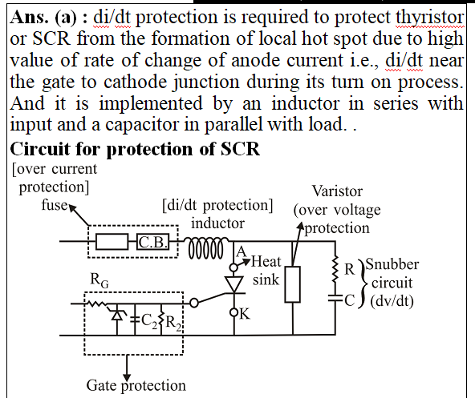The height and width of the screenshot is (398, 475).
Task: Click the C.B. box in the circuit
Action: pyautogui.click(x=152, y=242)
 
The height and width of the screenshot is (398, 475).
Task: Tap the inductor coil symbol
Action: pyautogui.click(x=206, y=247)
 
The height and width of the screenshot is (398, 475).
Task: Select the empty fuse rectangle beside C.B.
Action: pyautogui.click(x=112, y=242)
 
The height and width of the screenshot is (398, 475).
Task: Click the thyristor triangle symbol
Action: pyautogui.click(x=233, y=284)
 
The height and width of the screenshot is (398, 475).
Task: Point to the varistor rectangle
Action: pyautogui.click(x=293, y=284)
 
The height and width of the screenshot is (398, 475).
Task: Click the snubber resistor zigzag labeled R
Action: pyautogui.click(x=335, y=270)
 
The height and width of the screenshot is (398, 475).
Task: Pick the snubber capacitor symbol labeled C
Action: pyautogui.click(x=335, y=298)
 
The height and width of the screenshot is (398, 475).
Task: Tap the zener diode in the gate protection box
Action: pyautogui.click(x=117, y=315)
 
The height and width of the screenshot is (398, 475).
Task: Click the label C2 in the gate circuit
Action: pyautogui.click(x=149, y=321)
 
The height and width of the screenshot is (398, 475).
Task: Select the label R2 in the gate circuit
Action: pyautogui.click(x=173, y=323)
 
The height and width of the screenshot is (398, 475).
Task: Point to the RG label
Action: pyautogui.click(x=99, y=280)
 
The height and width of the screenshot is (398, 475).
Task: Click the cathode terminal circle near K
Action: pyautogui.click(x=233, y=312)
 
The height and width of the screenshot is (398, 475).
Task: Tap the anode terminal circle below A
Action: pyautogui.click(x=233, y=267)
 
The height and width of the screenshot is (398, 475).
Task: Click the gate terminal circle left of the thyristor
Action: pyautogui.click(x=194, y=303)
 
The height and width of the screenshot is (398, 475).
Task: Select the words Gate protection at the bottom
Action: pyautogui.click(x=136, y=386)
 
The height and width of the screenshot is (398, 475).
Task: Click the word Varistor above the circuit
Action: pyautogui.click(x=337, y=191)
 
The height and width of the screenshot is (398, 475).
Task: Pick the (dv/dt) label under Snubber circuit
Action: pyautogui.click(x=392, y=301)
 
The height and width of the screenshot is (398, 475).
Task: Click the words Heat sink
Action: pyautogui.click(x=266, y=271)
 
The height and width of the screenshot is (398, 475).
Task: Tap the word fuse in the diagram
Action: pyautogui.click(x=55, y=205)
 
